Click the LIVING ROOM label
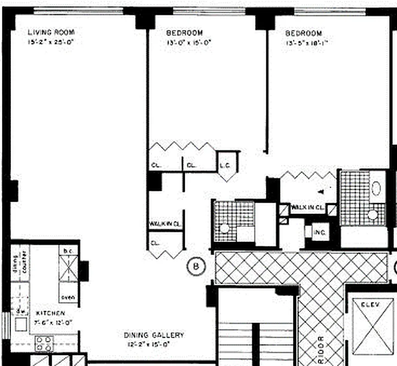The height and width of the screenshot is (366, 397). click(51, 32)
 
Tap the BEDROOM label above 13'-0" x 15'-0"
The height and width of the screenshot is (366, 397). click(184, 33)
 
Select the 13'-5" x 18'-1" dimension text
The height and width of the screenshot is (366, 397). click(308, 43)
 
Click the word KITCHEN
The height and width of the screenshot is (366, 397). click(50, 313)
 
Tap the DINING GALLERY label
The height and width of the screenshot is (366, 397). click(154, 335)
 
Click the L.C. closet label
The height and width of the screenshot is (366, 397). click(225, 165)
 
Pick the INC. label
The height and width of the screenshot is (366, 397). click(320, 232)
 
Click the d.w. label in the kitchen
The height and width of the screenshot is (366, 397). click(21, 312)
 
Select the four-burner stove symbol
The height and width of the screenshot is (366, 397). click(44, 343)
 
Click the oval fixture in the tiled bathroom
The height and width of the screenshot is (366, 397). click(376, 188)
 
